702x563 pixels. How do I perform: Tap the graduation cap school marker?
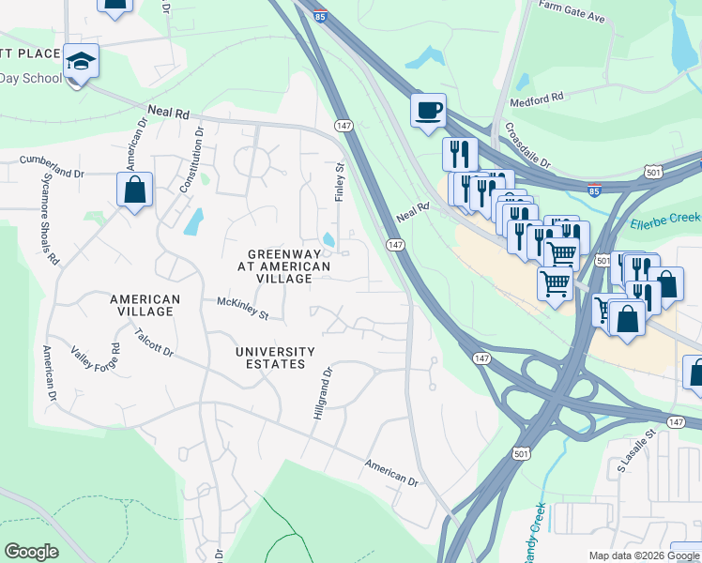(82, 63)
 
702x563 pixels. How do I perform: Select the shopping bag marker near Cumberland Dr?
(135, 190)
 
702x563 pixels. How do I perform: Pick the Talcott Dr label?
(154, 342)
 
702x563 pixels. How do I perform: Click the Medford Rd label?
(536, 98)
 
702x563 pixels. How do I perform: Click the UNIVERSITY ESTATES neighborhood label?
(269, 358)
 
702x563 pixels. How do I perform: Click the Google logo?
(31, 552)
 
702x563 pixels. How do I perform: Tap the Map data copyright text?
(643, 555)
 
